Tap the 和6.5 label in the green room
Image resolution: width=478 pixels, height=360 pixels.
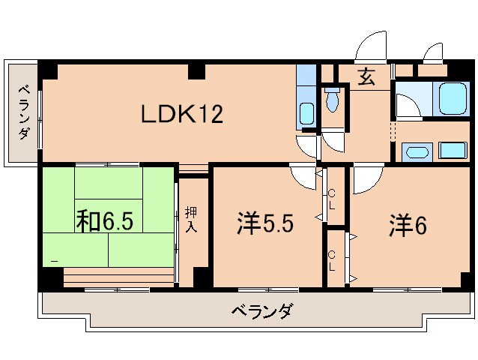tap(104, 221)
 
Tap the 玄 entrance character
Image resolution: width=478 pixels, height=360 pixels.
tap(366, 77)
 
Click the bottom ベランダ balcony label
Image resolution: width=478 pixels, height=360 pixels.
tap(261, 310)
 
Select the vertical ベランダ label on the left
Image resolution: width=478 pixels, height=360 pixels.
tap(23, 113)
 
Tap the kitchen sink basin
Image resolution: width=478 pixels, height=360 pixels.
tap(306, 115)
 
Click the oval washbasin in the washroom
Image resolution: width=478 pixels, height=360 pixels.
tap(417, 154)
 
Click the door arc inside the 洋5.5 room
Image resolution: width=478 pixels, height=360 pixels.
tap(303, 177)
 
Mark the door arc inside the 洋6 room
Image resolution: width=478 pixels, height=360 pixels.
tap(367, 177)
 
